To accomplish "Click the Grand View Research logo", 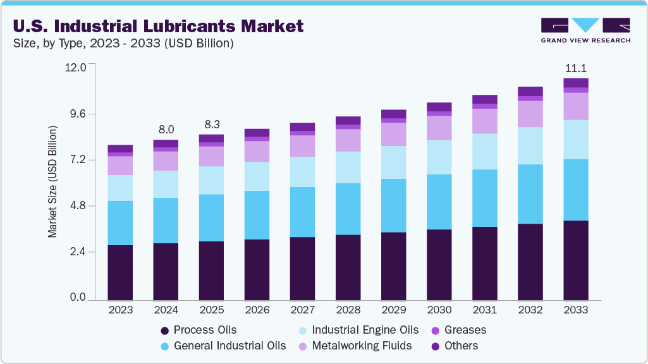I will (x=585, y=30).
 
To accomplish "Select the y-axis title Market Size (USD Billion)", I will (x=53, y=182).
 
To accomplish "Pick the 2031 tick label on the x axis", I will (x=484, y=310).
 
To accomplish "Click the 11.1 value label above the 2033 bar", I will (x=575, y=68).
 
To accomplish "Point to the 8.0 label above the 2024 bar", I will (x=166, y=130).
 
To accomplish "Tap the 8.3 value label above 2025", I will (x=211, y=124).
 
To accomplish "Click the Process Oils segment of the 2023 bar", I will (x=120, y=272).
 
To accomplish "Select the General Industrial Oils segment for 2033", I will (x=575, y=190).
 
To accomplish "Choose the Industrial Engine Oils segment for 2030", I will (x=439, y=157).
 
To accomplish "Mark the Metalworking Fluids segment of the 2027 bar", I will (x=302, y=146).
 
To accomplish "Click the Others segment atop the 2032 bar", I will (x=530, y=91).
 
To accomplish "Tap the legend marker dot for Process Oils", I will (x=165, y=331).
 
